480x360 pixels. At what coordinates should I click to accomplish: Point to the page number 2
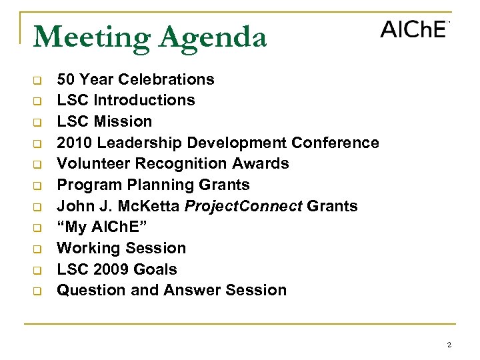point(449,345)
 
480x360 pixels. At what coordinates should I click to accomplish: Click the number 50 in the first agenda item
point(65,79)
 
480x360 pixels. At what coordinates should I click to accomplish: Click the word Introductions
point(145,101)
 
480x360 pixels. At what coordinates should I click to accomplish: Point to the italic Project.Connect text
point(243,206)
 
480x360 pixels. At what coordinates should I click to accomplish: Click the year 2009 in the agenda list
point(109,269)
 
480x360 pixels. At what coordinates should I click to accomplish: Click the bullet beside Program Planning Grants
point(38,185)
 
